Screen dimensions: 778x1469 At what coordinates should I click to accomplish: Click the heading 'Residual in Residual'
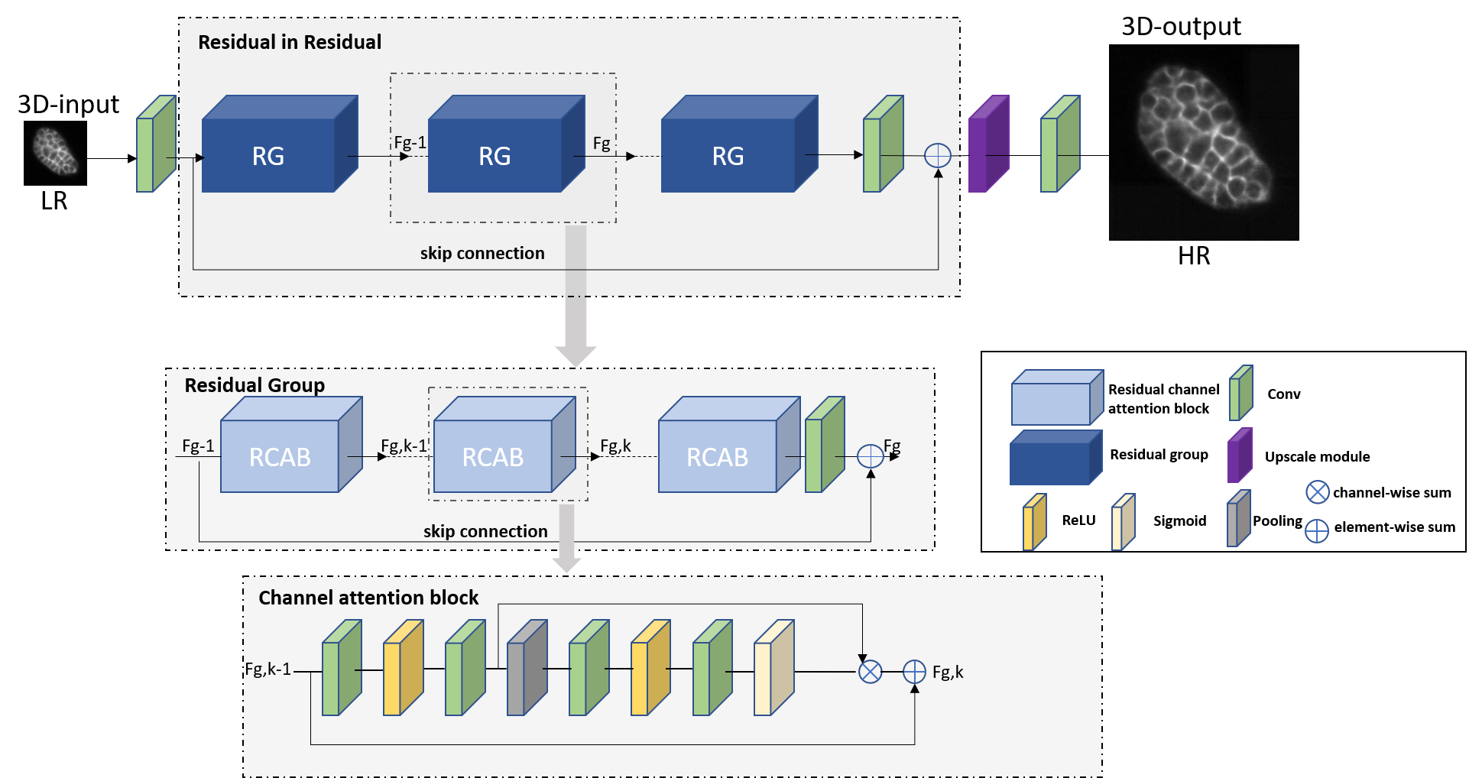click(x=289, y=42)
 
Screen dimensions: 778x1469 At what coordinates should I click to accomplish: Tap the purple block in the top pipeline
click(x=988, y=144)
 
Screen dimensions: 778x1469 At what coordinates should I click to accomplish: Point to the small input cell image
click(x=55, y=151)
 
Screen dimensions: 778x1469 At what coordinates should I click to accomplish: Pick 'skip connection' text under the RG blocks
click(x=482, y=253)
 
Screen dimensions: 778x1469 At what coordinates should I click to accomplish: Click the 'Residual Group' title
click(x=255, y=385)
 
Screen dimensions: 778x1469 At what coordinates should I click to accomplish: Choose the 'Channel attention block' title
click(x=368, y=598)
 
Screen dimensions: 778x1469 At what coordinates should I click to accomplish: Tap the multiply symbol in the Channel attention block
click(x=871, y=672)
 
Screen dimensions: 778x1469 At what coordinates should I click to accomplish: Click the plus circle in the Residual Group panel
click(x=871, y=456)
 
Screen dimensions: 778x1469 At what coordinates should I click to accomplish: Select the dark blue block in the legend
click(x=1056, y=458)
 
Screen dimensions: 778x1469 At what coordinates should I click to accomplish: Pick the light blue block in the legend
click(x=1057, y=398)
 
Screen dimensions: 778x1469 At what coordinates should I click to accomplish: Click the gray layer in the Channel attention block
click(x=527, y=669)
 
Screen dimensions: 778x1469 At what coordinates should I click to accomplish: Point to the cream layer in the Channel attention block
click(x=773, y=669)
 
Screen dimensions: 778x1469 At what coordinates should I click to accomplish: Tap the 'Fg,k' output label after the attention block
click(x=948, y=672)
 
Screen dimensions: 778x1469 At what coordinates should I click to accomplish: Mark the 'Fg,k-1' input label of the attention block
click(x=268, y=669)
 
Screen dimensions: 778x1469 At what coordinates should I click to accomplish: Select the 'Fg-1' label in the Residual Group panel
click(x=198, y=446)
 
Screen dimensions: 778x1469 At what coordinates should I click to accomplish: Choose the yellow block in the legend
click(x=1034, y=523)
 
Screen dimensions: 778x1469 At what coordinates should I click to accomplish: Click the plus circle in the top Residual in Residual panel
click(x=938, y=156)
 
